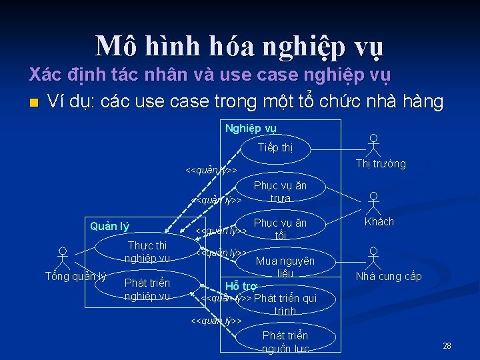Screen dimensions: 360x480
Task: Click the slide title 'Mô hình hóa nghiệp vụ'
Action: (240, 47)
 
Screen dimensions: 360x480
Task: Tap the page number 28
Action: (447, 345)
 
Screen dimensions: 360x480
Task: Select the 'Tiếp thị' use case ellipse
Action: (275, 148)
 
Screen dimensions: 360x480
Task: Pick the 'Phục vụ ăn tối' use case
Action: (280, 229)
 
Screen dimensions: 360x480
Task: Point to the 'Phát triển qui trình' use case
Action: (285, 304)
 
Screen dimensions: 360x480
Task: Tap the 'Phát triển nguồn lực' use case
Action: (285, 341)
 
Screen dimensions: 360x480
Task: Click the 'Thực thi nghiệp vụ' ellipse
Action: (147, 252)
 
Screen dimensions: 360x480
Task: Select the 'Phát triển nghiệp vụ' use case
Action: (147, 289)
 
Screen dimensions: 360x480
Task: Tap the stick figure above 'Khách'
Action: (374, 203)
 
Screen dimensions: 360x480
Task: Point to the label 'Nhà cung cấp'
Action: (389, 276)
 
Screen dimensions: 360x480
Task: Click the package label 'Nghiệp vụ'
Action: (251, 128)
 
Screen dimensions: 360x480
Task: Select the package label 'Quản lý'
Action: (109, 227)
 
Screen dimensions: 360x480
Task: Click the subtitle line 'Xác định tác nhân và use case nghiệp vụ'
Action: (210, 75)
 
